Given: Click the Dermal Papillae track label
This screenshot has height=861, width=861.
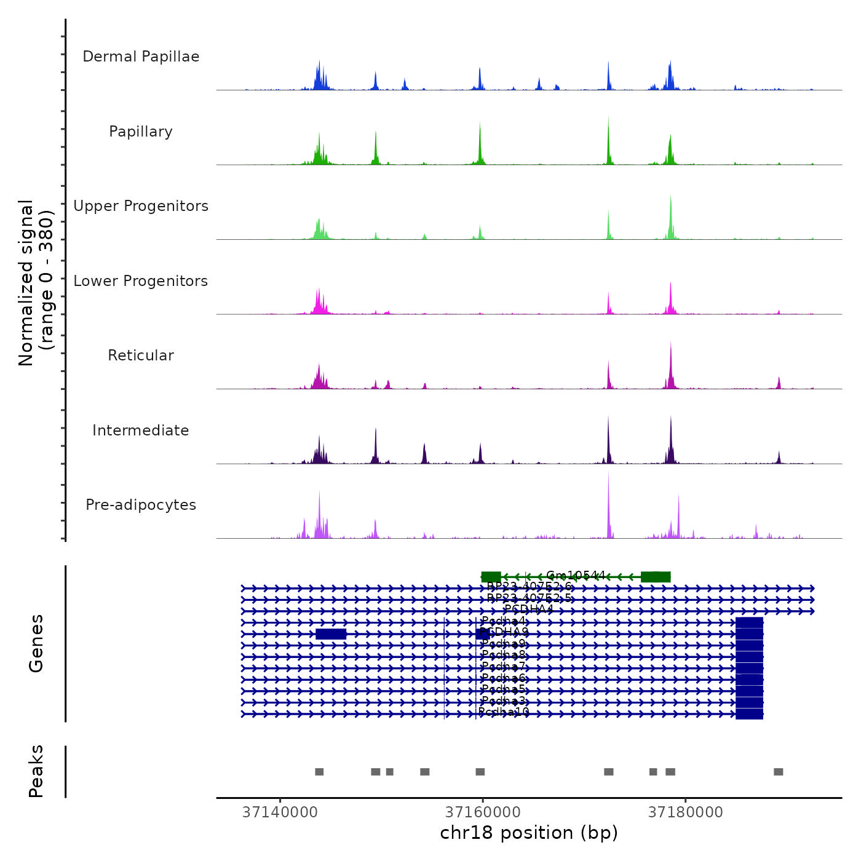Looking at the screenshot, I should point(141,57).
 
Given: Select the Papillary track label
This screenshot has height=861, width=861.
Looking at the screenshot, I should point(141,132).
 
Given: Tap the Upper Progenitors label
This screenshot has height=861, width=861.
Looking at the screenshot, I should point(141,206).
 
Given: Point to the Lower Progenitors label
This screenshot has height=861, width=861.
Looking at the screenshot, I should point(141,281).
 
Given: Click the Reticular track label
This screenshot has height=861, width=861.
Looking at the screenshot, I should point(141,355).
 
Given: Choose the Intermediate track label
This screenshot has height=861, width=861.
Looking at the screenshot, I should point(141,430).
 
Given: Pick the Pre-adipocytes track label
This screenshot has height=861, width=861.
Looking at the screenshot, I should point(141,505).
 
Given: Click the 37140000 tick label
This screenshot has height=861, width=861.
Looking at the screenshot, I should point(280,812).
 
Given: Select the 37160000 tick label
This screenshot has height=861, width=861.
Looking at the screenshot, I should point(483,812).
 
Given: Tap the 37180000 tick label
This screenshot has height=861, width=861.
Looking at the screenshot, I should point(686,812).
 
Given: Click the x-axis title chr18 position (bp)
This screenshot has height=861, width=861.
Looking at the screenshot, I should point(529,833).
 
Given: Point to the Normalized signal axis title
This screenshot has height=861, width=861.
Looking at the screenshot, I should point(36,283).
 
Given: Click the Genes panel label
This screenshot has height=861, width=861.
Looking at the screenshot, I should point(36,643).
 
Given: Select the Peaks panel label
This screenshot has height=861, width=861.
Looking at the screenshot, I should point(36,771).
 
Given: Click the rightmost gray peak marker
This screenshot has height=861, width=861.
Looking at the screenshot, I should point(779,772).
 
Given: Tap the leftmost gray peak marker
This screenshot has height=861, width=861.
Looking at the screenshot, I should point(319,772).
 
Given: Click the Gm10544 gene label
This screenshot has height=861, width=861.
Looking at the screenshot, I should point(576,576).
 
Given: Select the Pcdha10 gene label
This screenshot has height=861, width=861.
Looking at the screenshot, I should point(504,712).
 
